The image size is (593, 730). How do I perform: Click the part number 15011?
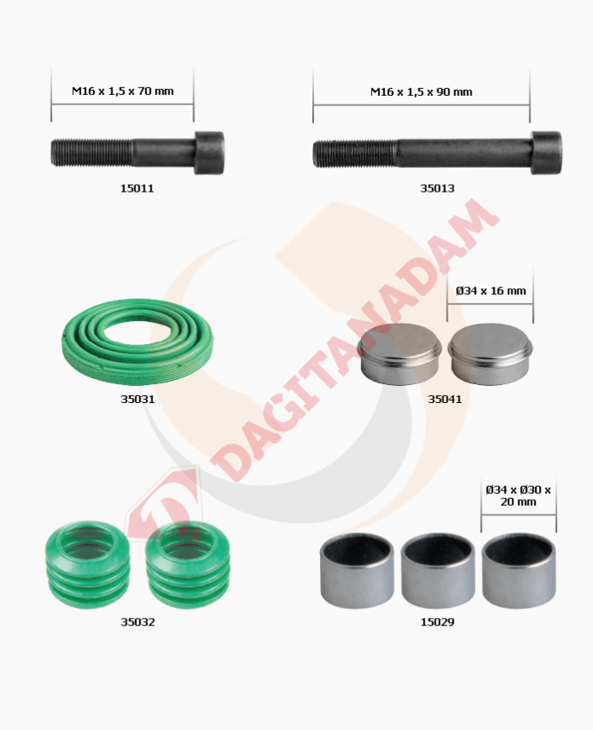[137, 187]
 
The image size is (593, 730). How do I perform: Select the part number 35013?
[436, 188]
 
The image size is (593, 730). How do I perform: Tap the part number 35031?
[137, 398]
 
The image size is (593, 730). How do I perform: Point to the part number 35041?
[445, 398]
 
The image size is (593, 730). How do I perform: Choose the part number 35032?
[138, 622]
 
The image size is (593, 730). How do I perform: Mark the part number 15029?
[436, 622]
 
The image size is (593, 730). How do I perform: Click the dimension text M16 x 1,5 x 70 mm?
[122, 90]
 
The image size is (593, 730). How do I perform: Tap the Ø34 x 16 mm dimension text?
[490, 291]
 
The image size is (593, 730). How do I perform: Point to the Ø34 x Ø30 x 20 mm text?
[519, 496]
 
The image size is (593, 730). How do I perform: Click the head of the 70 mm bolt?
[209, 153]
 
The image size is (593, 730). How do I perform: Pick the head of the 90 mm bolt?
[546, 153]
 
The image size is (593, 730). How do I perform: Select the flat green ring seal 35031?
[139, 338]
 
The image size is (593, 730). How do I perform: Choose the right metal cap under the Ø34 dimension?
[490, 353]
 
